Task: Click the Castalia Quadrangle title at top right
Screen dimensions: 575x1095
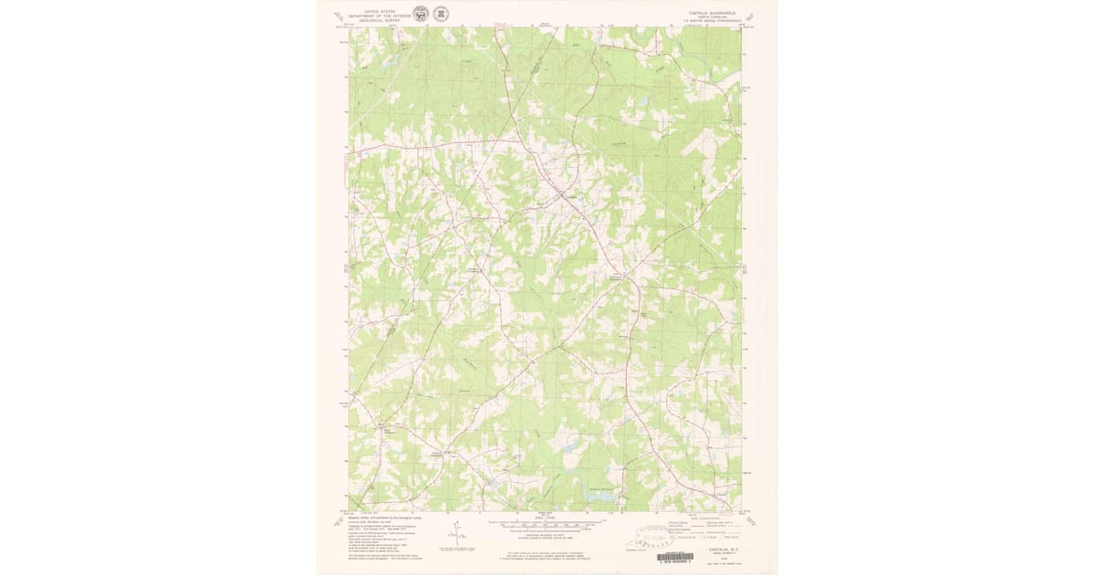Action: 708,13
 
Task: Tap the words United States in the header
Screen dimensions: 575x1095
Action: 381,10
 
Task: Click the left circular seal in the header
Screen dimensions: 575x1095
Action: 420,14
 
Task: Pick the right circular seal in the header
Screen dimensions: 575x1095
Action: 440,14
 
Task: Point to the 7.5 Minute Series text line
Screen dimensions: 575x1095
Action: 708,22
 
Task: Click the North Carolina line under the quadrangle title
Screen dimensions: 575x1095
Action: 708,17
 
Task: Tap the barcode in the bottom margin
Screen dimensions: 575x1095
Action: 673,556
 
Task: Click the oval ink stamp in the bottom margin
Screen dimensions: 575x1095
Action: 665,533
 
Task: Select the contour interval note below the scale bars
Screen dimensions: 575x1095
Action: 547,538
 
